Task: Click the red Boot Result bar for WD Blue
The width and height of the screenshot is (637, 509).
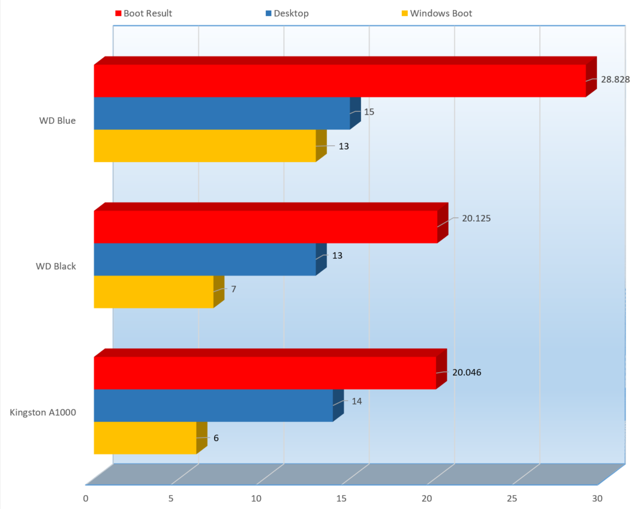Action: pyautogui.click(x=339, y=80)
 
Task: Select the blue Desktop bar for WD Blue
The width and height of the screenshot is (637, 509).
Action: pyautogui.click(x=222, y=113)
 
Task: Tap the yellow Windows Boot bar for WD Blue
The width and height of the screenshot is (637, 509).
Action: pyautogui.click(x=205, y=145)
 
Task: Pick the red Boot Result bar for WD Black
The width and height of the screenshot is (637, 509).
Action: pyautogui.click(x=266, y=226)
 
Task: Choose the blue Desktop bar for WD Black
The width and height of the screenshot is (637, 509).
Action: pyautogui.click(x=205, y=259)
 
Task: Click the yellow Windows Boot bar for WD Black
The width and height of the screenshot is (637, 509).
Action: pyautogui.click(x=154, y=292)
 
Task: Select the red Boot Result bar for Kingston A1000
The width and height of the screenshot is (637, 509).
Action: pyautogui.click(x=265, y=373)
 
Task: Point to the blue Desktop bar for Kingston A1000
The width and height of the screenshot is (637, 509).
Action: pyautogui.click(x=213, y=405)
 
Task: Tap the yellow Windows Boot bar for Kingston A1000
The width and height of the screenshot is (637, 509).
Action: pyautogui.click(x=145, y=438)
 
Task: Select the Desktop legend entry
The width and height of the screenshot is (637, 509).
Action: pyautogui.click(x=290, y=13)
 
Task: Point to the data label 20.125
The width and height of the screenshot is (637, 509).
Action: pyautogui.click(x=476, y=218)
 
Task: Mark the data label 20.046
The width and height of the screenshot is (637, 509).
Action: pyautogui.click(x=467, y=372)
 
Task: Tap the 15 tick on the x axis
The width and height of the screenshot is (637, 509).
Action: pyautogui.click(x=342, y=498)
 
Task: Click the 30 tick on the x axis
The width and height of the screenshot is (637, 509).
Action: pyautogui.click(x=597, y=498)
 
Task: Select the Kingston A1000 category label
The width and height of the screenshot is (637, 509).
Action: pyautogui.click(x=43, y=412)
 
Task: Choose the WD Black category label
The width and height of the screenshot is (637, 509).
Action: pyautogui.click(x=56, y=266)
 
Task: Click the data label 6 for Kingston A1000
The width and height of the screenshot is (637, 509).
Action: pyautogui.click(x=216, y=438)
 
